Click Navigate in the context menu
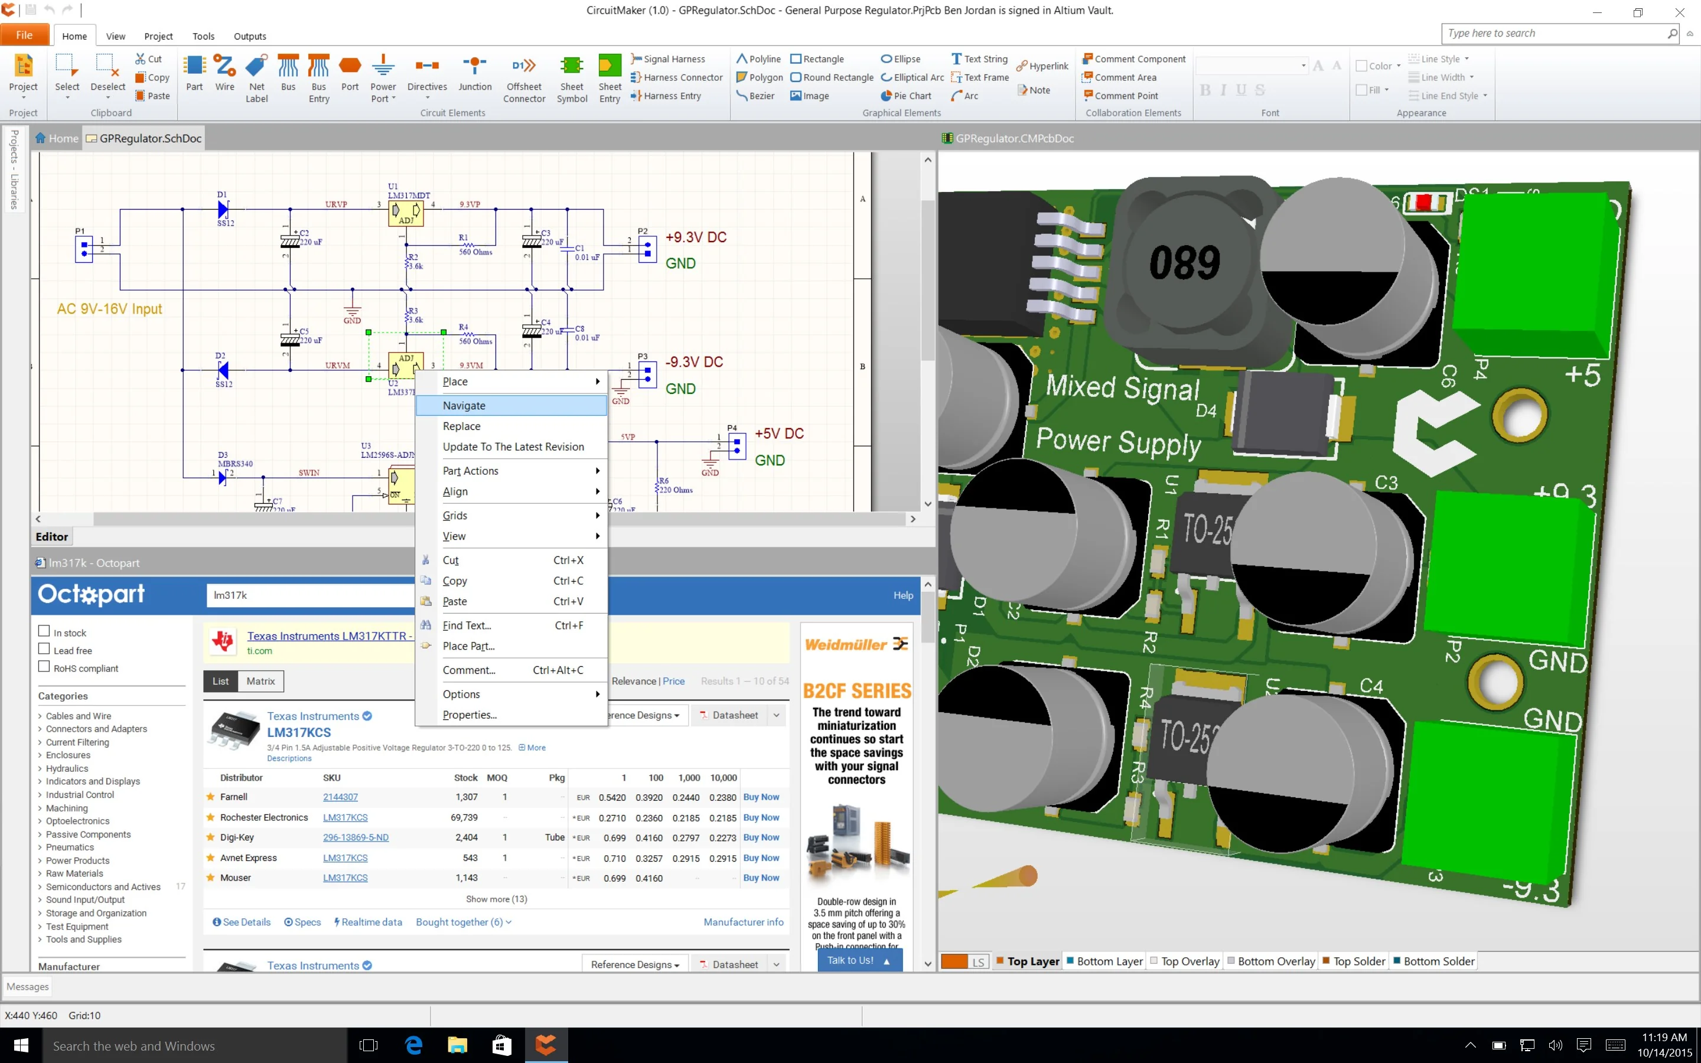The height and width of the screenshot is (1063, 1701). [464, 406]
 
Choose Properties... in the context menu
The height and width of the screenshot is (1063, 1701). [470, 715]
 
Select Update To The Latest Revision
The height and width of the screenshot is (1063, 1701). [513, 447]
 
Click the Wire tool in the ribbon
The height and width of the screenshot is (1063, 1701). [224, 73]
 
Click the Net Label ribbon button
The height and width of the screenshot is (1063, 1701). [256, 77]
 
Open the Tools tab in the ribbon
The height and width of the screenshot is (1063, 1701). [203, 37]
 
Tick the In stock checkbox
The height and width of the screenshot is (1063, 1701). [44, 631]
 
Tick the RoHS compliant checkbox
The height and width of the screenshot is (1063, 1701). [44, 667]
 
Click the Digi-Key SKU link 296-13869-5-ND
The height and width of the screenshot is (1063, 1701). [356, 837]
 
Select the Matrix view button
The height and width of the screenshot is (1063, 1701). [260, 682]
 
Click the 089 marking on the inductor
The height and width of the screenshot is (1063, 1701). [1184, 263]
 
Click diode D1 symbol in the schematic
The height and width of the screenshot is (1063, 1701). [223, 210]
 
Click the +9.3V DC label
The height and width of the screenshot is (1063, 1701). [696, 237]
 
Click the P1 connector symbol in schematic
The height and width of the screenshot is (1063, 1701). [84, 248]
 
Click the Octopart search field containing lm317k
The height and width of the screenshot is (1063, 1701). [309, 595]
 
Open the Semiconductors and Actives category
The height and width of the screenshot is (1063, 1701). [103, 887]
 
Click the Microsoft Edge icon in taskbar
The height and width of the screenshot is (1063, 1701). [414, 1045]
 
